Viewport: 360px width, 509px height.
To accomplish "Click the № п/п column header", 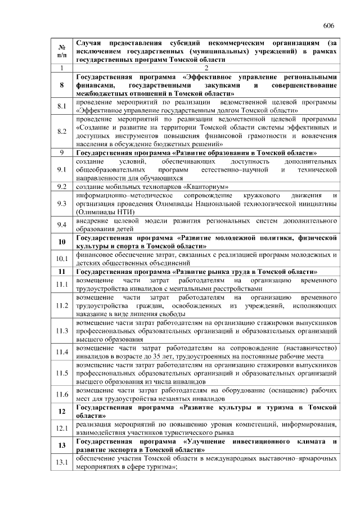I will tap(62, 51).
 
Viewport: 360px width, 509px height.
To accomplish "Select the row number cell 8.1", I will tap(62, 106).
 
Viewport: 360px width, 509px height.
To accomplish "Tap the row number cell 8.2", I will tap(62, 132).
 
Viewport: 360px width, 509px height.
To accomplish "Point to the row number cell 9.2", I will tap(62, 186).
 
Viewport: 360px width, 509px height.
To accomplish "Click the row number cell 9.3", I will tap(62, 203).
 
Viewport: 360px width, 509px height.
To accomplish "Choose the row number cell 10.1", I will tap(62, 259).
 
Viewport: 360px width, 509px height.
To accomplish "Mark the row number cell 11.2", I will tap(62, 305).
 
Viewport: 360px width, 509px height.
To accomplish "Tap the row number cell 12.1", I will tap(62, 429).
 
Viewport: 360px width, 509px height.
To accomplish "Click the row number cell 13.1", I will tap(62, 462).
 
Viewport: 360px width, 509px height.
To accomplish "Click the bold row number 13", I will tap(62, 445).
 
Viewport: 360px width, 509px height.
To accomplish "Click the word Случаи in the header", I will tap(88, 43).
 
